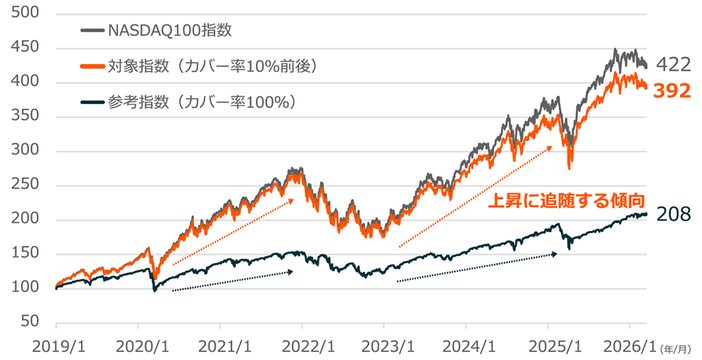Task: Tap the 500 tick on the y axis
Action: click(27, 13)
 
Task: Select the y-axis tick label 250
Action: click(27, 185)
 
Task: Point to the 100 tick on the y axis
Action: click(27, 288)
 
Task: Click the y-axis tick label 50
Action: click(31, 322)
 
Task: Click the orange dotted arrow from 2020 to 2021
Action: click(232, 232)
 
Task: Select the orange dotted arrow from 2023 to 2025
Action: click(475, 196)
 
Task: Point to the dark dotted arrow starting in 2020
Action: click(232, 281)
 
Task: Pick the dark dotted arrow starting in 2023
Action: click(476, 268)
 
